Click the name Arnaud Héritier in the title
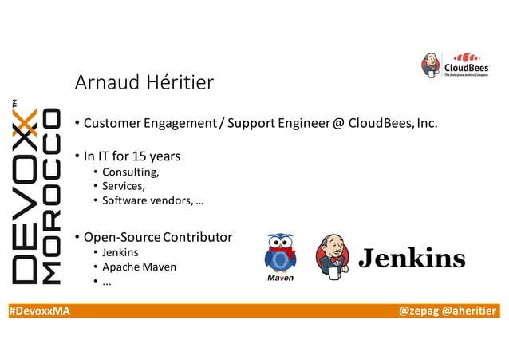144,83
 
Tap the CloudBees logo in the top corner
455,65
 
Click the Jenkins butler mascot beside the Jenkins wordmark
333,257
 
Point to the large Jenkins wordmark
411,258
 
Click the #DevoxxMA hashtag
39,311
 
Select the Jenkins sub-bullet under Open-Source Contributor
120,253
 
